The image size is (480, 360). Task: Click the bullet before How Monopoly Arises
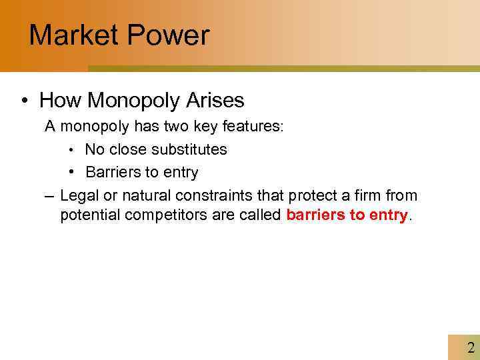24,101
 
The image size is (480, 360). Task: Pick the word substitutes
189,149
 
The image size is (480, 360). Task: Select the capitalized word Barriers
110,172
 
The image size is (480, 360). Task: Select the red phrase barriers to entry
347,216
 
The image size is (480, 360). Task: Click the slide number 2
471,347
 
